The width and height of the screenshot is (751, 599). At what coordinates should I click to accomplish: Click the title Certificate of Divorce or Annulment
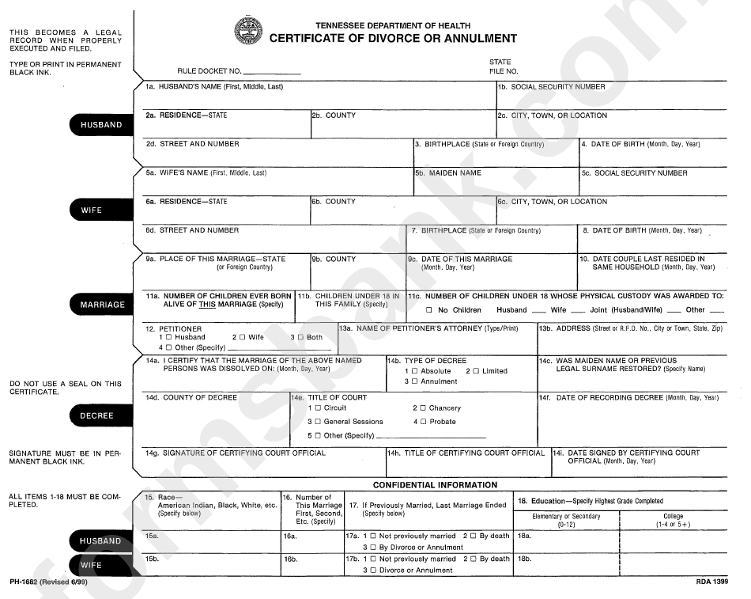pyautogui.click(x=393, y=38)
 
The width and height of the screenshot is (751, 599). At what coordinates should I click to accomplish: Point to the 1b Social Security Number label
pyautogui.click(x=552, y=86)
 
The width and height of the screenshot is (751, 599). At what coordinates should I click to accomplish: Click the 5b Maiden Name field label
pyautogui.click(x=448, y=172)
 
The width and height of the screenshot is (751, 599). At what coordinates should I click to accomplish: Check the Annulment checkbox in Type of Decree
pyautogui.click(x=415, y=381)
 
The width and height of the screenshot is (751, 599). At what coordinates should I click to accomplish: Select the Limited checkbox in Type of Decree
pyautogui.click(x=476, y=371)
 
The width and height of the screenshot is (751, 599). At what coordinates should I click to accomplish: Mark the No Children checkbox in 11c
pyautogui.click(x=429, y=310)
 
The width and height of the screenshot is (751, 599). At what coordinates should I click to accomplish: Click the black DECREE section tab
pyautogui.click(x=96, y=415)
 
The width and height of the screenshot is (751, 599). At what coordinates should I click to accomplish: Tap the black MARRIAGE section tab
pyautogui.click(x=102, y=305)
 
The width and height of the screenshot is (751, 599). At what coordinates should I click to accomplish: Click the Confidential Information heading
pyautogui.click(x=435, y=485)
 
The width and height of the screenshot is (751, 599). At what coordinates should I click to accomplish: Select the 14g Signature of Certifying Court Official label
pyautogui.click(x=236, y=453)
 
